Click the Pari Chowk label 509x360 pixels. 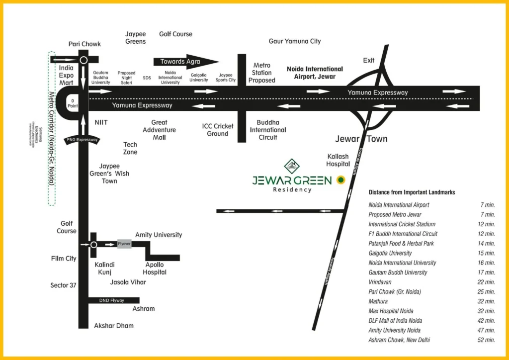[x=85, y=44]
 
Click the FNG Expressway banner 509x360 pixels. [x=82, y=140]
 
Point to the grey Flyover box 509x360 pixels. [x=124, y=244]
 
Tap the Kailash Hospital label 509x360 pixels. [x=338, y=160]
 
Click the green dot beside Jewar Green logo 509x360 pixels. [x=340, y=180]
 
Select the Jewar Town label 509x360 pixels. [x=361, y=139]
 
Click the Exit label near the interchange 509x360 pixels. [x=369, y=60]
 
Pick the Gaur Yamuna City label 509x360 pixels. [x=295, y=41]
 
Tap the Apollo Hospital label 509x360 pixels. [x=155, y=269]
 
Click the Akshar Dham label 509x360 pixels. [x=114, y=326]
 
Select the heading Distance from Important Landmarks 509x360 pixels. [x=412, y=192]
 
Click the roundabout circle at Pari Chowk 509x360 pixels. [x=84, y=60]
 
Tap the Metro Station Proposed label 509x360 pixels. [x=262, y=73]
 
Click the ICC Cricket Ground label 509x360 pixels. [x=218, y=130]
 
